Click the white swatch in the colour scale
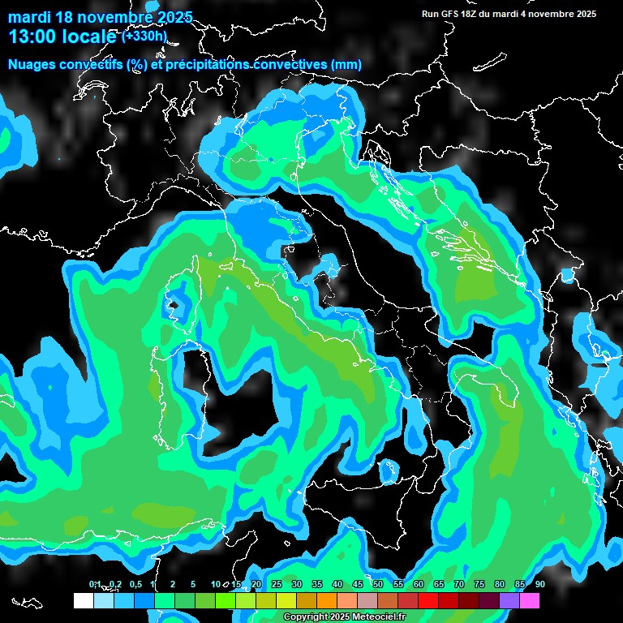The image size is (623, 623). pyautogui.click(x=84, y=600)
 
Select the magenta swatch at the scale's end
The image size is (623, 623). pyautogui.click(x=530, y=600)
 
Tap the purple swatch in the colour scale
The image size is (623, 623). pyautogui.click(x=509, y=600)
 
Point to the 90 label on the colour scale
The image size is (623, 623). pyautogui.click(x=539, y=584)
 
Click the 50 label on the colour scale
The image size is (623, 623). pyautogui.click(x=378, y=584)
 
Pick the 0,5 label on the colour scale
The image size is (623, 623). pyautogui.click(x=135, y=584)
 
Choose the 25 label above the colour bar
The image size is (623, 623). pyautogui.click(x=277, y=584)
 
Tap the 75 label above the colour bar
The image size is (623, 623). pyautogui.click(x=479, y=584)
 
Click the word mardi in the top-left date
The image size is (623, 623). pyautogui.click(x=29, y=17)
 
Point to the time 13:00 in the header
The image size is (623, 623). pyautogui.click(x=33, y=37)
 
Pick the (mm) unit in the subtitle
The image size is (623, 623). pyautogui.click(x=346, y=65)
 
